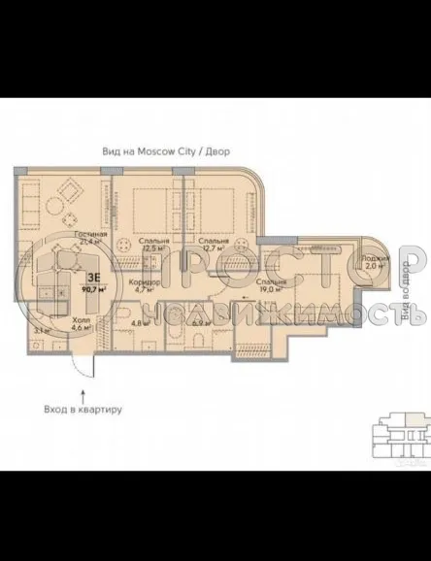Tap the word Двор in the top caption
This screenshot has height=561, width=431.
point(218,151)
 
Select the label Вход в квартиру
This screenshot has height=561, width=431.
point(83,410)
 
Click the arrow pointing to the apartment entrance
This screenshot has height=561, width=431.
point(83,393)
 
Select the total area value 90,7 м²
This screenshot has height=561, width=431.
point(94,287)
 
